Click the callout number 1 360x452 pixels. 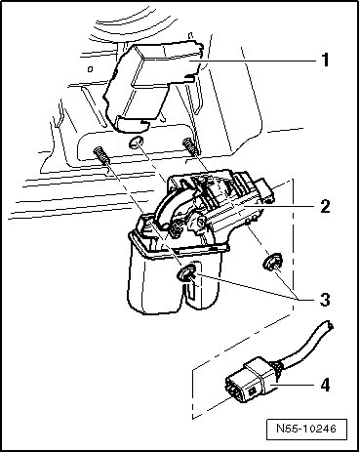[x=325, y=61]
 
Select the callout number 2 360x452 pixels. [x=325, y=206]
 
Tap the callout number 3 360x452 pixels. [x=325, y=300]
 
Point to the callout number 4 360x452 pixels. [x=325, y=385]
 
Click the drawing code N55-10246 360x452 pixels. [x=306, y=429]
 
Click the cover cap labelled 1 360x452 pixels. [x=153, y=86]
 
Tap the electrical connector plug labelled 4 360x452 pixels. [x=251, y=381]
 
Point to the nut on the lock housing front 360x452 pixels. [x=186, y=271]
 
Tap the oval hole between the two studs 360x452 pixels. [x=135, y=143]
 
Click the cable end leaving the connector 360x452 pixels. [x=329, y=325]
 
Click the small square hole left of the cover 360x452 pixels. [x=91, y=69]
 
